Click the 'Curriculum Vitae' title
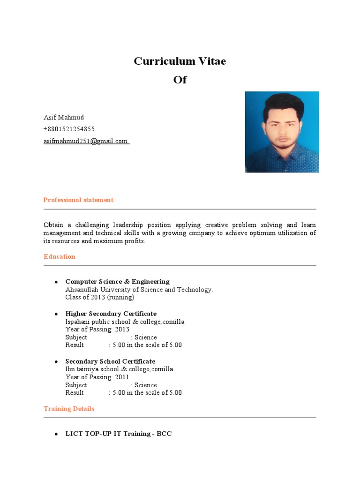coord(180,61)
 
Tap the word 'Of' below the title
coord(180,80)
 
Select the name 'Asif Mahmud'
coord(64,117)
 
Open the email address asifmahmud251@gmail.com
coord(86,141)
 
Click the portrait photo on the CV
coord(282,132)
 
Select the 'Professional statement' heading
coord(78,200)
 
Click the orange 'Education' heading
coord(60,256)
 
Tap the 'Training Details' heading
coord(69,409)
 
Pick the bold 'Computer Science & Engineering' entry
coord(117,282)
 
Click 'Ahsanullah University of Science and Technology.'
coord(139,290)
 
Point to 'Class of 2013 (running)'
coord(100,297)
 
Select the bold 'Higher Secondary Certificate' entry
coord(111,314)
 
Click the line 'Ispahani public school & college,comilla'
coord(125,322)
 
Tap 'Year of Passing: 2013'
coord(97,330)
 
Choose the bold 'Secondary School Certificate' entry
coord(110,361)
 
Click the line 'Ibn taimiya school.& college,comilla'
coord(119,369)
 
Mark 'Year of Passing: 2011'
coord(97,377)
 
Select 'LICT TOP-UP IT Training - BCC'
coord(119,434)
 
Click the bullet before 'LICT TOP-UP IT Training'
coord(56,435)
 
